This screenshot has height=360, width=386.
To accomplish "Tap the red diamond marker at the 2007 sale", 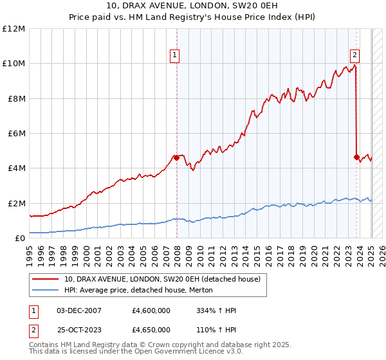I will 176,157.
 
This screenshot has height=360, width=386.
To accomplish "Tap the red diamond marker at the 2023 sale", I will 356,156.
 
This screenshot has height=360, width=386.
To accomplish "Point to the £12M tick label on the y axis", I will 14,29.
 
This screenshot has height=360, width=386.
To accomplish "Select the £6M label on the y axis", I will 16,134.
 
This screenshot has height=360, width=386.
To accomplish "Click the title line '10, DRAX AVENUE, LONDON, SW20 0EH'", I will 193,6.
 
